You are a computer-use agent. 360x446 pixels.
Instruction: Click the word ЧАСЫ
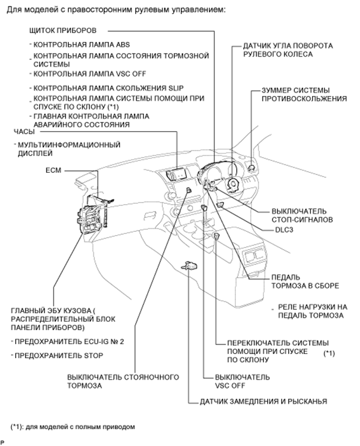24,132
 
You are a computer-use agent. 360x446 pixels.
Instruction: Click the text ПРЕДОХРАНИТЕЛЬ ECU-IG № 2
70,341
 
